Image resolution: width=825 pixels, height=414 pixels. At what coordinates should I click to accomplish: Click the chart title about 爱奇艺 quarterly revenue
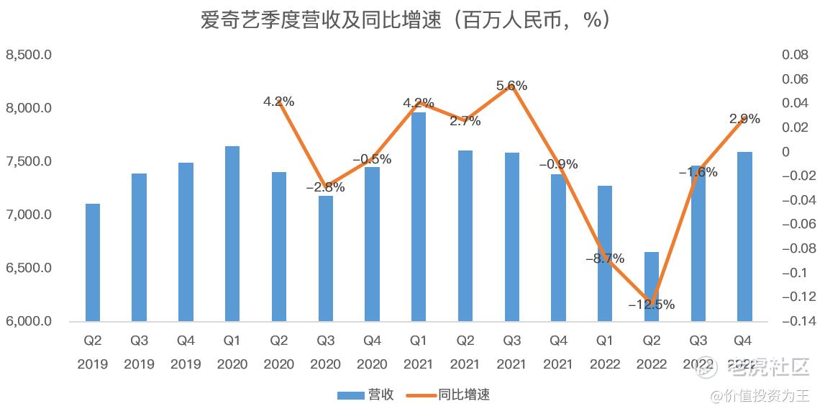click(x=406, y=20)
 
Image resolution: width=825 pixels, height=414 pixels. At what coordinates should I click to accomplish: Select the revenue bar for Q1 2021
click(x=419, y=216)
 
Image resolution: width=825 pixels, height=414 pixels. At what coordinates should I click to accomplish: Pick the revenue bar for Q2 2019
click(x=93, y=262)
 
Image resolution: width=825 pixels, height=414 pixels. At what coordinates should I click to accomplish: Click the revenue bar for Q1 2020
click(x=232, y=233)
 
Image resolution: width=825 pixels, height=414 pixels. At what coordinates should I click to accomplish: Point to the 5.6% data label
click(x=512, y=86)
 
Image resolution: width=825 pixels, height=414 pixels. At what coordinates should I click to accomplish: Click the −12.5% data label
click(x=651, y=305)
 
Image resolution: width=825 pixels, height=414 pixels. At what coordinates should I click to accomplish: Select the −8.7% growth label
click(x=604, y=258)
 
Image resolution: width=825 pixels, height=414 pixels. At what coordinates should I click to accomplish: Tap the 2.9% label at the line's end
click(x=744, y=120)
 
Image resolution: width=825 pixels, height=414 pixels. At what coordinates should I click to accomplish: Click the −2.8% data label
click(x=325, y=187)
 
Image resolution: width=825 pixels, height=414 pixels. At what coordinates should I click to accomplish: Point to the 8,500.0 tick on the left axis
click(x=28, y=55)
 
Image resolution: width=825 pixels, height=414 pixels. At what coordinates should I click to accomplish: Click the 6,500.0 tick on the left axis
click(x=28, y=268)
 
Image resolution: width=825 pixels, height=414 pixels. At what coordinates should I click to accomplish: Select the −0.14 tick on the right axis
click(x=794, y=321)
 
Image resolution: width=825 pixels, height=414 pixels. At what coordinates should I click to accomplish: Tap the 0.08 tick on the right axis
click(x=796, y=55)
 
